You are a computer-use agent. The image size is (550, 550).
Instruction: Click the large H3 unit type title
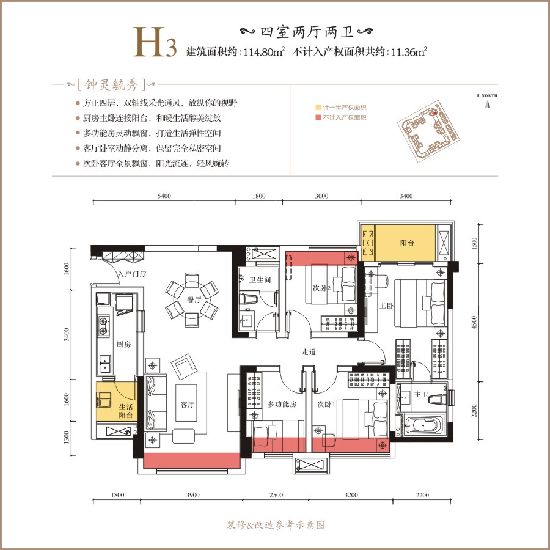[x=155, y=42]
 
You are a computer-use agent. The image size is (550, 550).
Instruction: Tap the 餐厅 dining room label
[x=194, y=299]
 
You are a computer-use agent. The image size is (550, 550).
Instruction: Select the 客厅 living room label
[x=188, y=405]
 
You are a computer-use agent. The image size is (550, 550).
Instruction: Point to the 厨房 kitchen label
[x=124, y=344]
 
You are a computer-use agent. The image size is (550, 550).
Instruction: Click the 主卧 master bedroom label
[x=386, y=306]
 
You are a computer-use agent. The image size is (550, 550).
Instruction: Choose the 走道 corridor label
[x=309, y=352]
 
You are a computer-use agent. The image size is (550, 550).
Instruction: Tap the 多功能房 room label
[x=282, y=404]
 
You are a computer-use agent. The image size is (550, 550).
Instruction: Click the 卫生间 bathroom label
[x=260, y=280]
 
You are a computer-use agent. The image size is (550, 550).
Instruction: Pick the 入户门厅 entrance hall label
[x=132, y=274]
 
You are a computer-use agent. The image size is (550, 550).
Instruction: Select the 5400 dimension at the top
[x=164, y=196]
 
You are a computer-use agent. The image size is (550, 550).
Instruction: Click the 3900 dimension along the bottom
[x=193, y=495]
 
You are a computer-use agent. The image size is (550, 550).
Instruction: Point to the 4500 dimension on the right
[x=474, y=322]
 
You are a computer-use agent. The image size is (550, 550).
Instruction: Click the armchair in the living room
[x=184, y=366]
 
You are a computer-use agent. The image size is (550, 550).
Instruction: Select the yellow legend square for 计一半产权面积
[x=318, y=108]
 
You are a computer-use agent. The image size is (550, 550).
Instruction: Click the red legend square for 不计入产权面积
[x=318, y=117]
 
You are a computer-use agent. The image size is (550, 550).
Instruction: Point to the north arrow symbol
[x=487, y=104]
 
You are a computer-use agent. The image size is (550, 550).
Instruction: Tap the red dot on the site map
[x=435, y=113]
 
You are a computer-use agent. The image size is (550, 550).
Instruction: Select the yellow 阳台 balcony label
[x=407, y=243]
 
